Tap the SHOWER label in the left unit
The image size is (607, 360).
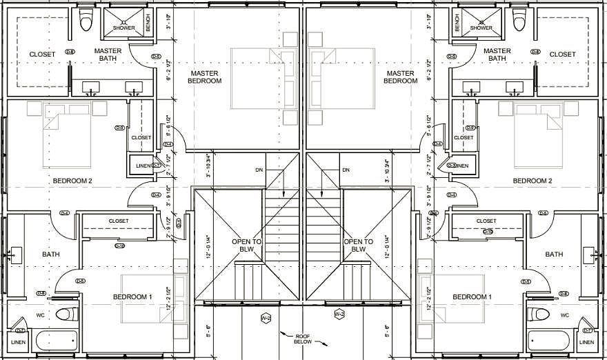click(x=124, y=28)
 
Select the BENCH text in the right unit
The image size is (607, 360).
click(x=457, y=23)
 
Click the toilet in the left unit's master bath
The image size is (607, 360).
click(x=86, y=21)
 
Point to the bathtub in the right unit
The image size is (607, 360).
click(x=549, y=340)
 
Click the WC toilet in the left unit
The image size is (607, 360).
click(x=66, y=315)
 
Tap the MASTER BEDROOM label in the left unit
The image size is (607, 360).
click(x=205, y=77)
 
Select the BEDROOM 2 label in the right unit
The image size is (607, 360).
click(x=533, y=181)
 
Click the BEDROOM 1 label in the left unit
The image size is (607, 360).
click(x=132, y=297)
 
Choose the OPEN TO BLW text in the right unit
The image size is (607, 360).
click(x=358, y=246)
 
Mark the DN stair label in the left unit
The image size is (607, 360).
click(x=259, y=170)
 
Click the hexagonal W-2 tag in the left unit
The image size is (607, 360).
click(x=266, y=318)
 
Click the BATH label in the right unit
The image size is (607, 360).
click(x=554, y=254)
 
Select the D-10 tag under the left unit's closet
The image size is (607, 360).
click(x=119, y=246)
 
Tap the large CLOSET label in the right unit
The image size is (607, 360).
click(x=562, y=54)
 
